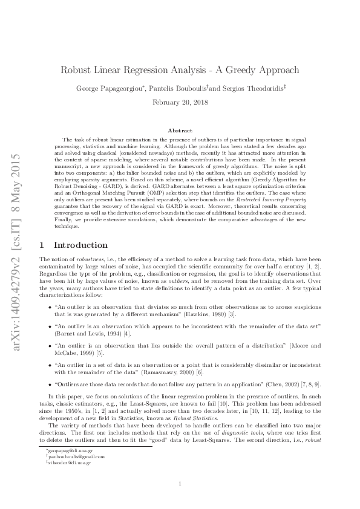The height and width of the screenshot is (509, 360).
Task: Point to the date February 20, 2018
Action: pyautogui.click(x=180, y=103)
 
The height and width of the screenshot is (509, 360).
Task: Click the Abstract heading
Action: pyautogui.click(x=180, y=131)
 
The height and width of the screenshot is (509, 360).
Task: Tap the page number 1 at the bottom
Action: pyautogui.click(x=180, y=483)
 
